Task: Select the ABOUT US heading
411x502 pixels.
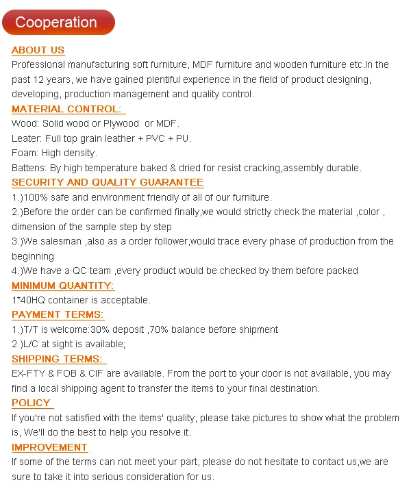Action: (38, 50)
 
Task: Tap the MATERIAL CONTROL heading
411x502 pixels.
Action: (67, 109)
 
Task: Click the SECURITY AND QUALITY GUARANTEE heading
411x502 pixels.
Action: (108, 182)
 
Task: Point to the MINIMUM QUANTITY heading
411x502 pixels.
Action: (63, 286)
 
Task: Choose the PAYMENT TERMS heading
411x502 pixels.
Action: (58, 315)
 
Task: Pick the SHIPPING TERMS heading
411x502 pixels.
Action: (58, 359)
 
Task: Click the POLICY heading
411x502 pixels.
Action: (31, 403)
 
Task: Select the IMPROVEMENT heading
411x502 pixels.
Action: (49, 447)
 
